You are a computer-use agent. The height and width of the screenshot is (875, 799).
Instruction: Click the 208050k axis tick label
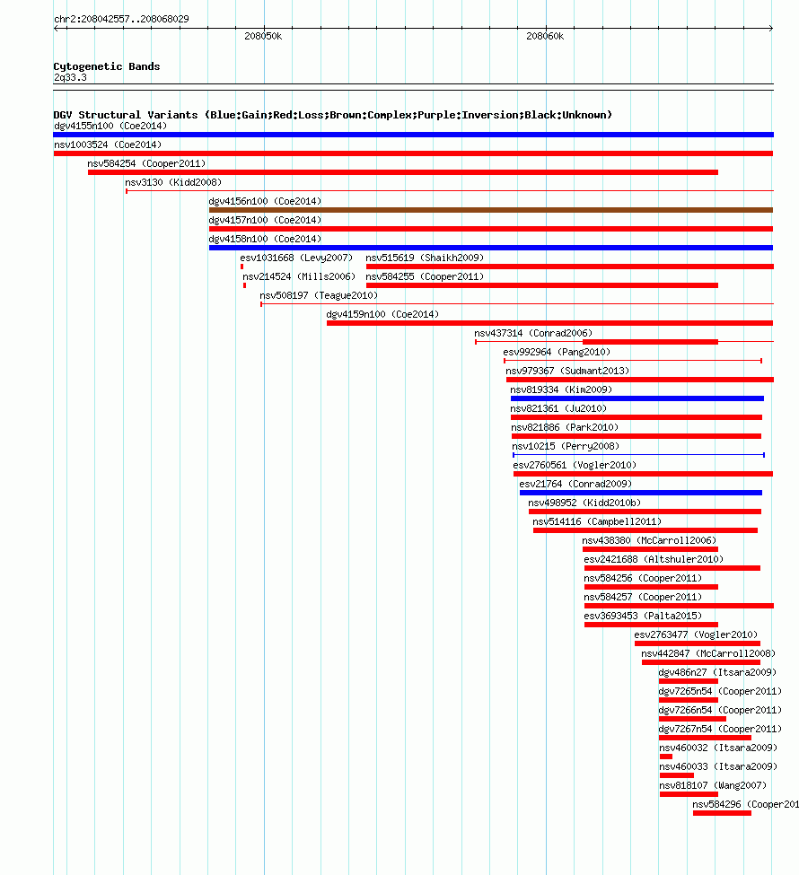click(263, 36)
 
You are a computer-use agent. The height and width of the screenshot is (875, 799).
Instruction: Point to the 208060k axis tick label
click(545, 36)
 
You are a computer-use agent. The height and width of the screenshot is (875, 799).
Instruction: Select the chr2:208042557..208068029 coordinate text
click(121, 19)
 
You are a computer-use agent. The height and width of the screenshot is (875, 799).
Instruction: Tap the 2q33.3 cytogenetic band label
click(70, 77)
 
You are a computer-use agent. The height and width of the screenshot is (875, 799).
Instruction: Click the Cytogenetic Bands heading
click(107, 66)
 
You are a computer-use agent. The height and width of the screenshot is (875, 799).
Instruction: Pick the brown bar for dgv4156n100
click(491, 210)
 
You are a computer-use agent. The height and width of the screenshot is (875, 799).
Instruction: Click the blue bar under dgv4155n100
click(414, 135)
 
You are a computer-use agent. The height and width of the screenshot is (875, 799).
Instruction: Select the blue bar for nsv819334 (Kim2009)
click(637, 398)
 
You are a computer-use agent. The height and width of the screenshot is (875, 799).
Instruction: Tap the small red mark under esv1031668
click(241, 267)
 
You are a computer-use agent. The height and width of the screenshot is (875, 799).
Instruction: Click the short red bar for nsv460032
click(665, 757)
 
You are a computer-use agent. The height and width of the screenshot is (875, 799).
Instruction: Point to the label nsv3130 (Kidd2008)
click(173, 182)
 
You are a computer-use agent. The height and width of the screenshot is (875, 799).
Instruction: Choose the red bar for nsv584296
click(722, 813)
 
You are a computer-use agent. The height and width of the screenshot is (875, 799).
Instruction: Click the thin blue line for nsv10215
click(639, 455)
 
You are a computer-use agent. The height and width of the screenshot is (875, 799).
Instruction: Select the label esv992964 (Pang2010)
click(557, 352)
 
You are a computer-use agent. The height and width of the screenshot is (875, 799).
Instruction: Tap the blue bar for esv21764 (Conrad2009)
click(640, 493)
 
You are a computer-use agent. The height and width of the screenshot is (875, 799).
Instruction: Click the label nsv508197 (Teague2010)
click(319, 296)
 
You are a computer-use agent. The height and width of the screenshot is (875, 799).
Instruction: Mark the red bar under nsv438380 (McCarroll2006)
click(650, 549)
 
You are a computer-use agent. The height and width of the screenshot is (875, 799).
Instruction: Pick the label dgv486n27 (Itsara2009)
click(717, 672)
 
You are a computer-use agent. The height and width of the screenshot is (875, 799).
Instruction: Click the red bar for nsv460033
click(676, 775)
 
